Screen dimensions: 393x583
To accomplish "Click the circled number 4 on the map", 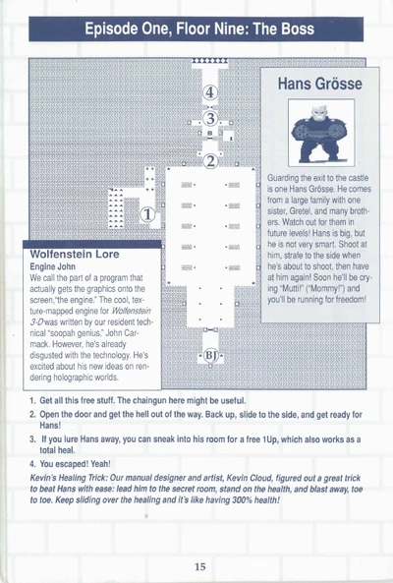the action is pyautogui.click(x=210, y=92).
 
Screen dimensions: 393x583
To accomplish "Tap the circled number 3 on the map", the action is pyautogui.click(x=210, y=119).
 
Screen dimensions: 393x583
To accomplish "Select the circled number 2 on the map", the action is pyautogui.click(x=210, y=161).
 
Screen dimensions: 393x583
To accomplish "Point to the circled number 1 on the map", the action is pyautogui.click(x=147, y=214).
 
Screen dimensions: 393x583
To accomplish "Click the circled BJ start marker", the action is pyautogui.click(x=210, y=356).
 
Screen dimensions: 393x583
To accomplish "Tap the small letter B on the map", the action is pyautogui.click(x=210, y=133).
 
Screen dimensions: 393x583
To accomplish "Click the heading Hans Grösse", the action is pyautogui.click(x=320, y=84).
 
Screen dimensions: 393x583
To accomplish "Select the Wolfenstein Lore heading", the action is pyautogui.click(x=75, y=255).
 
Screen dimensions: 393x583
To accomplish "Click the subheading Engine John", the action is pyautogui.click(x=52, y=266).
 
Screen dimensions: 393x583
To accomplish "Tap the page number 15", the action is pyautogui.click(x=199, y=566).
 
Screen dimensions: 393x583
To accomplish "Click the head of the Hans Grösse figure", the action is pyautogui.click(x=318, y=112).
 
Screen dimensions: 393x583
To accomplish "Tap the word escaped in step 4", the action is pyautogui.click(x=74, y=464).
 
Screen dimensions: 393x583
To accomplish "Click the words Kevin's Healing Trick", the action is pyautogui.click(x=65, y=478).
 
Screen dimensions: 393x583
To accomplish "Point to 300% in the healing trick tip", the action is pyautogui.click(x=241, y=500).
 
